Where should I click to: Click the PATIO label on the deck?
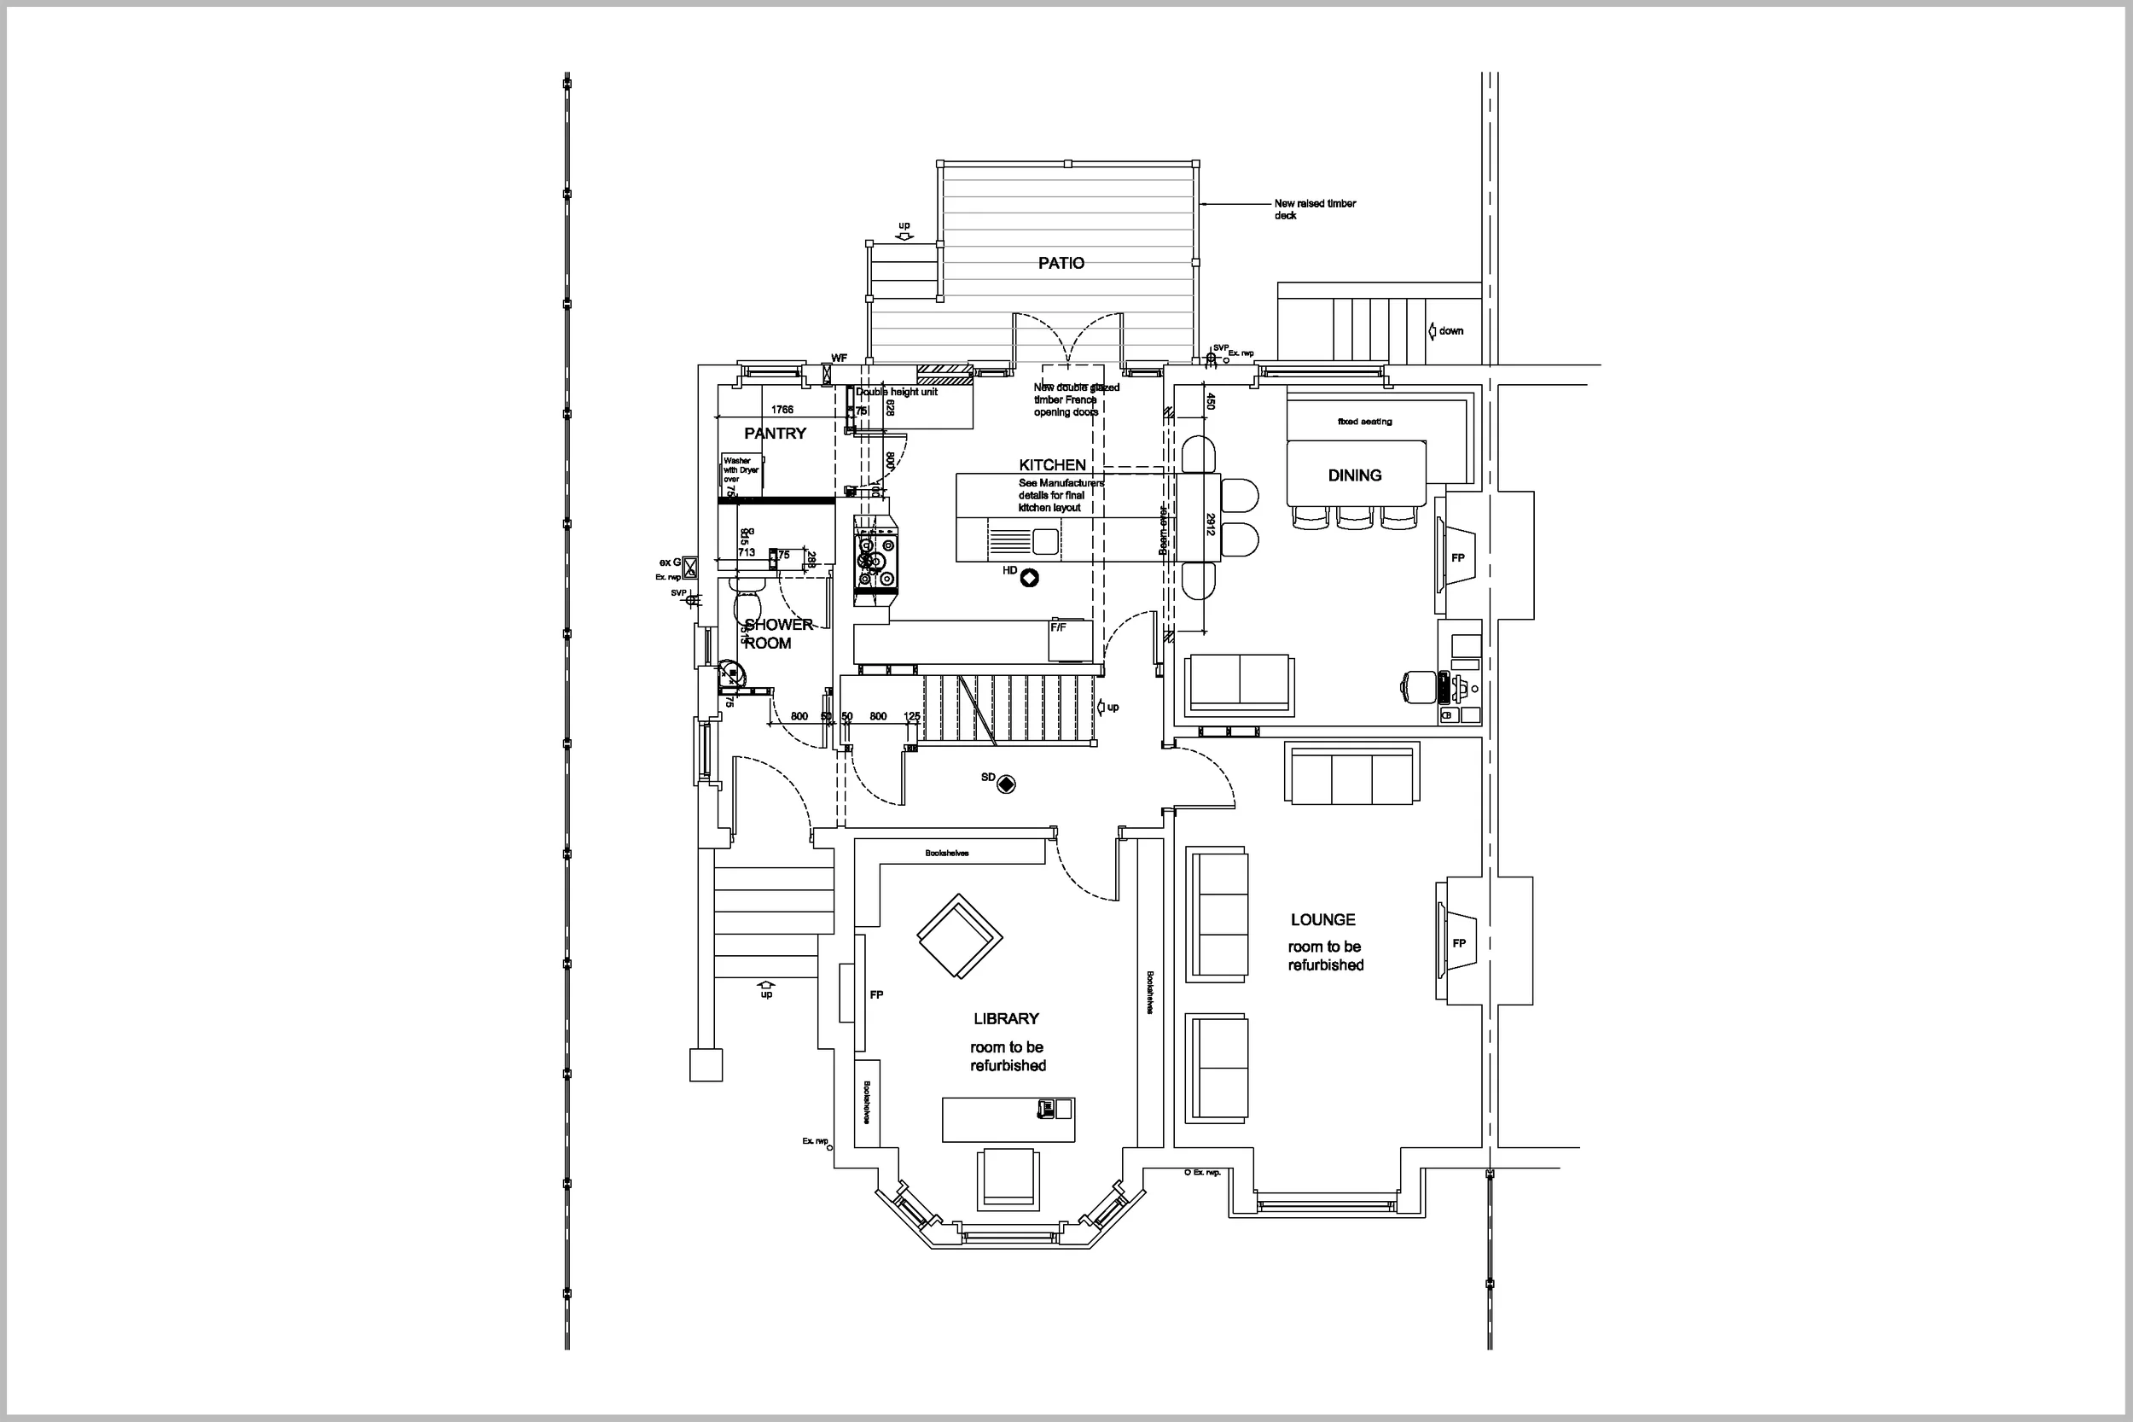tap(1061, 263)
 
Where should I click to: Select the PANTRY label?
tap(774, 434)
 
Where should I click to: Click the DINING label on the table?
tap(1354, 475)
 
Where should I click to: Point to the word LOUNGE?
tap(1322, 919)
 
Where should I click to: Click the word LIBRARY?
tap(1005, 1018)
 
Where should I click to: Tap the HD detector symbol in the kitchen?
tap(1029, 577)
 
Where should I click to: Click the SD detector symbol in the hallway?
tap(1005, 784)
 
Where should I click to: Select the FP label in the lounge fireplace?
tap(1459, 943)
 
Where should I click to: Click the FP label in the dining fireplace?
tap(1457, 557)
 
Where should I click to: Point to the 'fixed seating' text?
tap(1364, 422)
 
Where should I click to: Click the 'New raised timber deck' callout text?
tap(1314, 209)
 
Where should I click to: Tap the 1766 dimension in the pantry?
tap(782, 410)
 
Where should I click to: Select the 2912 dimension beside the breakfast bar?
tap(1209, 524)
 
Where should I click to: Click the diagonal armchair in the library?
tap(959, 937)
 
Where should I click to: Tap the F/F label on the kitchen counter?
tap(1058, 627)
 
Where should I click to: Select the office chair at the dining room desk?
tap(1417, 685)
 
